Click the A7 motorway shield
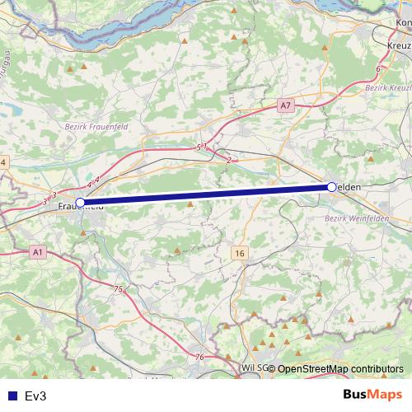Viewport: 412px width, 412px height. point(285,105)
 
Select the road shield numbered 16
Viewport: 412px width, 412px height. point(239,252)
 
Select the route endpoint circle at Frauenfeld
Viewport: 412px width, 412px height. point(80,202)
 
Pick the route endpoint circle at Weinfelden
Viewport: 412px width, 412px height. point(331,188)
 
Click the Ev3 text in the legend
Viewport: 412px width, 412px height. point(35,396)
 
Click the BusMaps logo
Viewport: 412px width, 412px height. point(373,396)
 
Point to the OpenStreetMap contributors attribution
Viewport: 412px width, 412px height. point(340,369)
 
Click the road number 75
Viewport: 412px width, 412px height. point(118,289)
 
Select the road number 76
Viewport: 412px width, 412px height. point(200,356)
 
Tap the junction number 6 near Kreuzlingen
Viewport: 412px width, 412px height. point(377,68)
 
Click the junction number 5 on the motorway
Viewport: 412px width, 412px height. point(198,147)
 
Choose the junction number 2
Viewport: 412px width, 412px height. point(227,160)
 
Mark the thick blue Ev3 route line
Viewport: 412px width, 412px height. point(206,194)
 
